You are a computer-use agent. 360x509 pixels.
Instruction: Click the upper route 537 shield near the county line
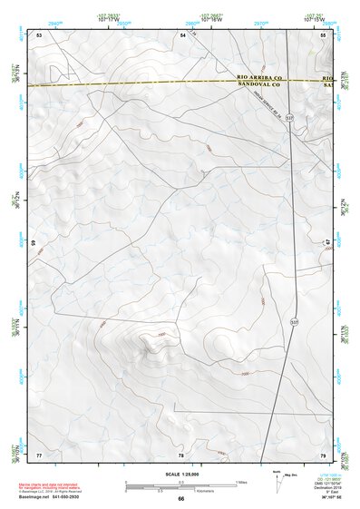point(289,118)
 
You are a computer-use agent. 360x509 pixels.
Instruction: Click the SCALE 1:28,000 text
point(180,474)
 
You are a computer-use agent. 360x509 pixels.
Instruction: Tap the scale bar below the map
point(180,486)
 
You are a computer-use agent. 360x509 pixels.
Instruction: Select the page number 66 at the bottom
point(180,498)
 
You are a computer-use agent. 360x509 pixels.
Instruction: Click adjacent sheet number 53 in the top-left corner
point(39,34)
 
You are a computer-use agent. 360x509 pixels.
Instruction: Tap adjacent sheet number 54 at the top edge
point(182,34)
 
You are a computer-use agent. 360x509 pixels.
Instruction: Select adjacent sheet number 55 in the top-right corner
point(323,34)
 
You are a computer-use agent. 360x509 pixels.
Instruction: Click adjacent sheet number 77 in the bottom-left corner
point(39,454)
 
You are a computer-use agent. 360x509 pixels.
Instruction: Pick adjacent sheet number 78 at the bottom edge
point(180,454)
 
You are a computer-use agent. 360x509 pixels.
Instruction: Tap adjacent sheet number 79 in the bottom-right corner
point(323,454)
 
